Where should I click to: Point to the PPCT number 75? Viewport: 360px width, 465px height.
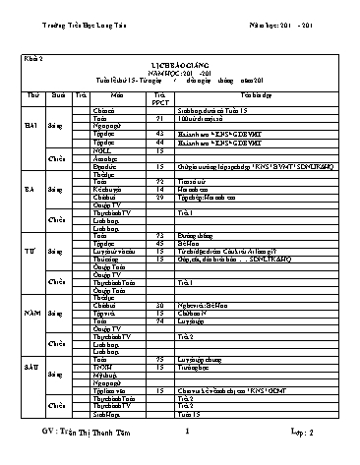click(x=174, y=359)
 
